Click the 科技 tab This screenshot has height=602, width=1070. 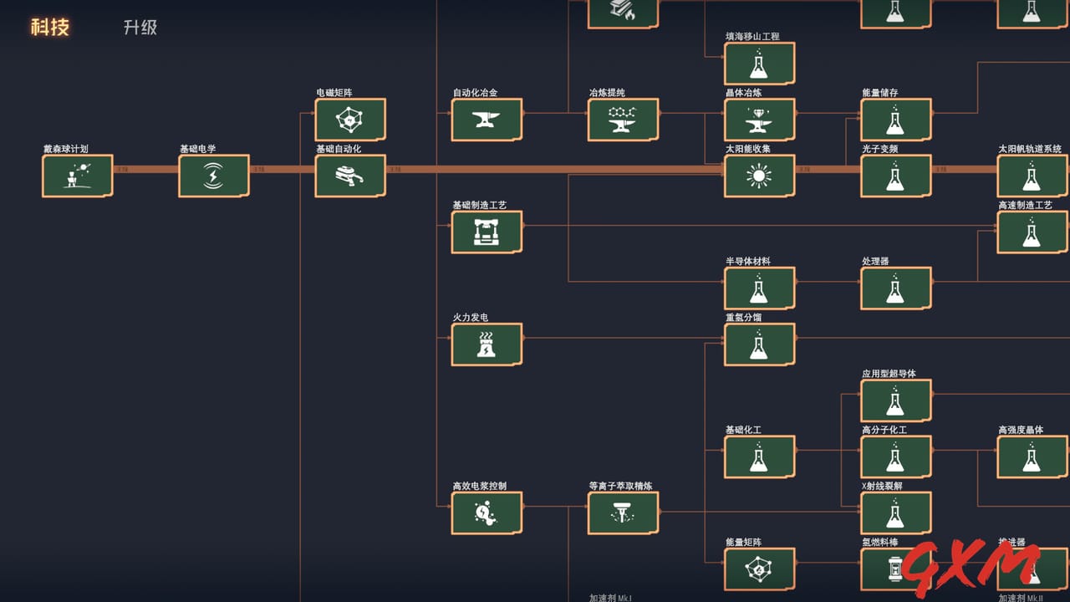coord(50,27)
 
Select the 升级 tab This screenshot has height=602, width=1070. coord(140,27)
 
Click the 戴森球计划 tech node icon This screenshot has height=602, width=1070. coord(77,176)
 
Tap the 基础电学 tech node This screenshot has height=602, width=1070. coord(213,176)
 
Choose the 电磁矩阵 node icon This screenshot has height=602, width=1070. coord(349,120)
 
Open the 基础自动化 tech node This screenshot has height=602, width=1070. coord(349,176)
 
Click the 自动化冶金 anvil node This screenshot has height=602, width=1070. coord(486,120)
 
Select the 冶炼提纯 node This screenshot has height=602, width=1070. coord(623,120)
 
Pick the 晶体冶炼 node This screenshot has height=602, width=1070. coord(759,120)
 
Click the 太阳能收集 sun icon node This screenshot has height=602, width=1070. coord(759,176)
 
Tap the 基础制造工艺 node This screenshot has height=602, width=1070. coord(486,232)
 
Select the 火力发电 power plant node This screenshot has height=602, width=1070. coord(486,344)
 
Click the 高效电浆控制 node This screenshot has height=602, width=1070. coord(486,513)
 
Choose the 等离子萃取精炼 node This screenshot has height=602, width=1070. coord(623,513)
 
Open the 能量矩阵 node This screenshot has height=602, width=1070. coord(759,569)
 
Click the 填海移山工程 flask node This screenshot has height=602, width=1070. coord(759,64)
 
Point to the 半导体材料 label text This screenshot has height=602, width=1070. coord(748,261)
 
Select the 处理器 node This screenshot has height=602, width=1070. coord(895,288)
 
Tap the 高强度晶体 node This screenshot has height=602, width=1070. coord(1032,457)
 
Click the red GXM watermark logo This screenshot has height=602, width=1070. coord(974,569)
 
